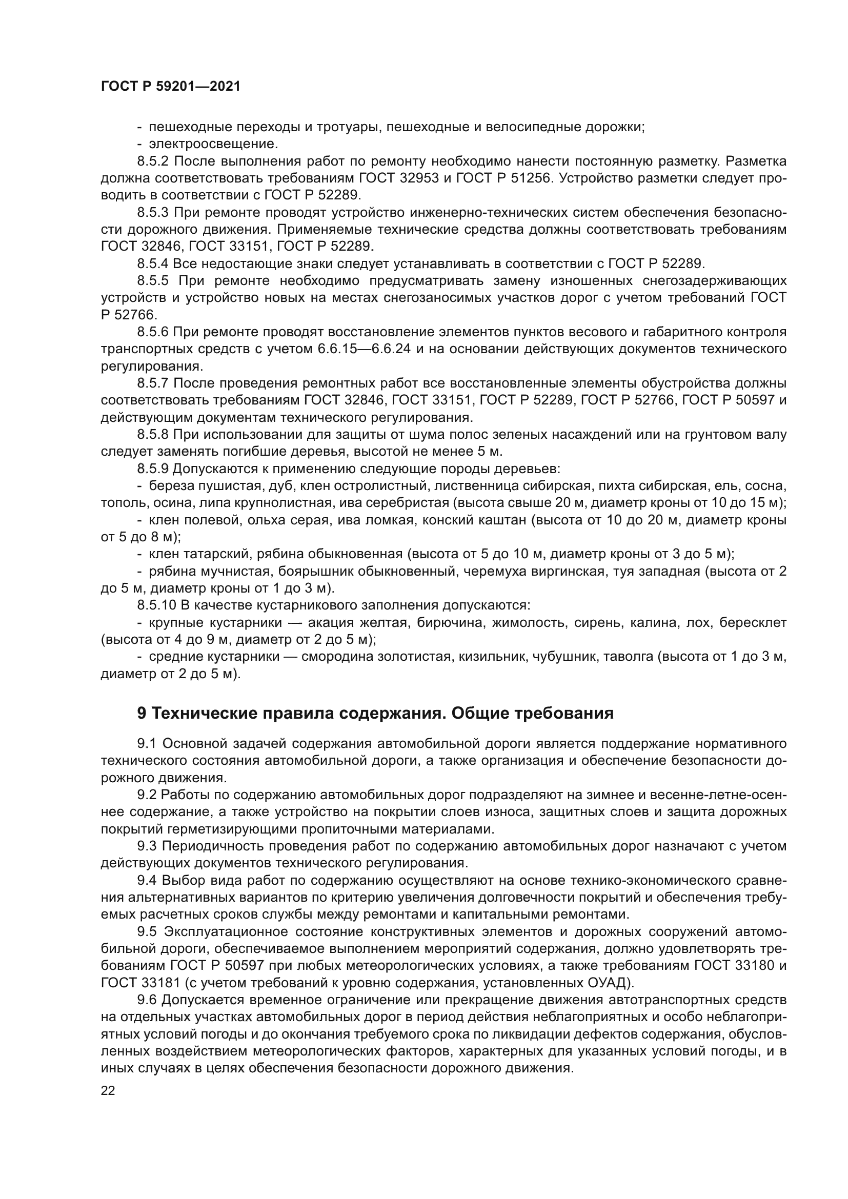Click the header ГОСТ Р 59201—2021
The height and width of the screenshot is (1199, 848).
[x=171, y=86]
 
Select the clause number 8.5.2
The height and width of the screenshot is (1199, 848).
[x=153, y=161]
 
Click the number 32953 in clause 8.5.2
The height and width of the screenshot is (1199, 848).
[x=422, y=178]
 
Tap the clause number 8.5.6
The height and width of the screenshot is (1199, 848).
[x=153, y=332]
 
